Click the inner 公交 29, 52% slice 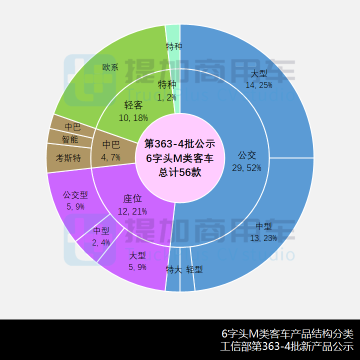(246, 161)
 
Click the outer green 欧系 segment (111, 67)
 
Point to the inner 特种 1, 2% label (167, 90)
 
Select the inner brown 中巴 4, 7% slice (111, 150)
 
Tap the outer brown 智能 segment (70, 139)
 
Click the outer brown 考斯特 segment (68, 158)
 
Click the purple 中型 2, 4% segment (101, 236)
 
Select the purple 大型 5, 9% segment (137, 260)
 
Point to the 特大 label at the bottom (173, 269)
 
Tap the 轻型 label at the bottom (194, 269)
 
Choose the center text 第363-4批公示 (180, 144)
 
